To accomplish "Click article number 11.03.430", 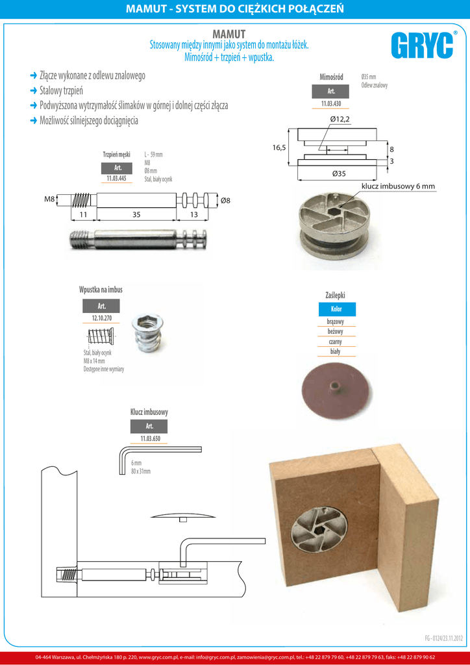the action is coord(331,103).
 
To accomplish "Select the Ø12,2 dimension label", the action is coord(340,119).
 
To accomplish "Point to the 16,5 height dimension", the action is coord(279,147).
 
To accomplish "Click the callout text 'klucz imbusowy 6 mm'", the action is coord(398,186).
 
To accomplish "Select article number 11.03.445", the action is coord(117,179).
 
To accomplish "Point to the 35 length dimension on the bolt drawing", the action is coord(136,214).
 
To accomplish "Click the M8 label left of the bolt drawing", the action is coord(49,199).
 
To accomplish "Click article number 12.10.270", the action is coord(102,318).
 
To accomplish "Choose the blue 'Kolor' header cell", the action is coord(337,309).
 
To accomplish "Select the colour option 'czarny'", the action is coord(336,342).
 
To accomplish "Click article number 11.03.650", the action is coord(151,439).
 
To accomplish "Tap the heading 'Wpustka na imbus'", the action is coord(101,290).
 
